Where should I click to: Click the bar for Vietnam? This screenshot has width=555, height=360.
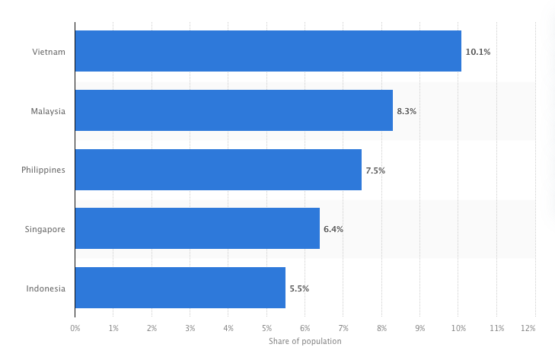[268, 51]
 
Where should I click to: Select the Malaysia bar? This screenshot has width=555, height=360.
[234, 110]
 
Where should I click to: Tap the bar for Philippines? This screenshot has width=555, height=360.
[218, 170]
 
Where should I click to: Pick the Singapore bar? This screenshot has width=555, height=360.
[197, 228]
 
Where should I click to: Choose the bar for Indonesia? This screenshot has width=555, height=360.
[180, 288]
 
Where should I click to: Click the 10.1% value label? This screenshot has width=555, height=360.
[478, 52]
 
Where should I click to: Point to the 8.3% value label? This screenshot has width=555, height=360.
[407, 112]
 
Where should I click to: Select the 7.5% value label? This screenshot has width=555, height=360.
[375, 170]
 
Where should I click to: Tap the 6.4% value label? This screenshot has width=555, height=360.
[333, 229]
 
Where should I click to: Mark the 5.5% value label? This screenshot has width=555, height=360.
[299, 289]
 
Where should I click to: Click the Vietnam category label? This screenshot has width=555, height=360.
[49, 52]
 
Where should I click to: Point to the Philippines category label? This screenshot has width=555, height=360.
[43, 170]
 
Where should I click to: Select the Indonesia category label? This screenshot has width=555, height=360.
[46, 288]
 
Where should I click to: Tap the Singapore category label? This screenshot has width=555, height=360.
[45, 230]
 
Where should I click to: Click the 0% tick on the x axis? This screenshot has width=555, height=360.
[75, 329]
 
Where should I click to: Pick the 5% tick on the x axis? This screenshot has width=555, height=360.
[267, 329]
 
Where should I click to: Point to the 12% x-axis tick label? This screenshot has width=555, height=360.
[528, 329]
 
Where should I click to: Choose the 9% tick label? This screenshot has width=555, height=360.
[419, 329]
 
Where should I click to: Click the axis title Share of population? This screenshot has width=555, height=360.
[305, 341]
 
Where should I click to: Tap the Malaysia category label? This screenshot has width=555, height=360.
[48, 112]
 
